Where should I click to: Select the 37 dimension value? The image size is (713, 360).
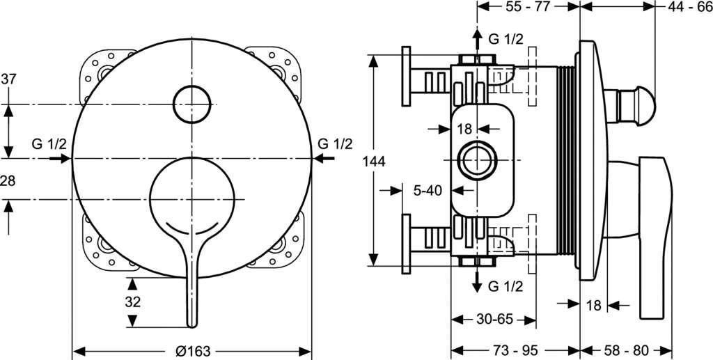[x=8, y=79]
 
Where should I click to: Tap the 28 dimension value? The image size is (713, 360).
[x=8, y=181]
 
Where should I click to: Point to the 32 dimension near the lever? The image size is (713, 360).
[x=133, y=302]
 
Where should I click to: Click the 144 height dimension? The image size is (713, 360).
[x=375, y=162]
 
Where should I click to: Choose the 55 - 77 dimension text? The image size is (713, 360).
[x=528, y=7]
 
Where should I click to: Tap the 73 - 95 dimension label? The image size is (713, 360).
[x=517, y=350]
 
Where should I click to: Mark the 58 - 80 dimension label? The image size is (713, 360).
[x=627, y=350]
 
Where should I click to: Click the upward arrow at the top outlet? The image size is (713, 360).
[x=476, y=36]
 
